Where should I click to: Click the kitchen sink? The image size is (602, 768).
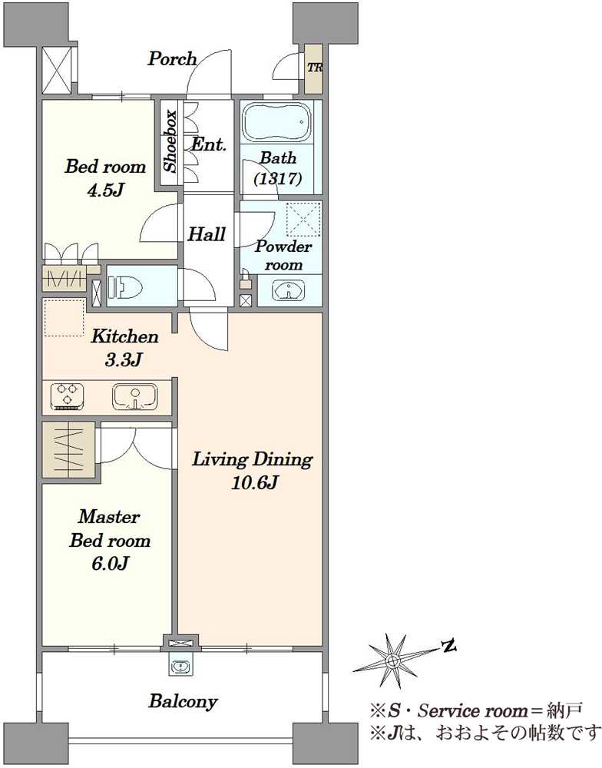[x=134, y=396]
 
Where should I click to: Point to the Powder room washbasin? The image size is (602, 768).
[x=289, y=290]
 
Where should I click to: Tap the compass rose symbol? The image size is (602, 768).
[x=392, y=660]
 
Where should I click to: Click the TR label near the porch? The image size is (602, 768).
[x=315, y=68]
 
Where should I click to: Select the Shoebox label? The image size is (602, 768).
[x=170, y=142]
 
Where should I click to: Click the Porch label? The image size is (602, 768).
[x=172, y=59]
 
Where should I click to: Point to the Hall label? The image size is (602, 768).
[x=207, y=234]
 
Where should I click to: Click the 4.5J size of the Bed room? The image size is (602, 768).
[x=105, y=190]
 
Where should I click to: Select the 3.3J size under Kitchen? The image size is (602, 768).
[x=124, y=360]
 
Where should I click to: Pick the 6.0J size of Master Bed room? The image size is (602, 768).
[x=110, y=564]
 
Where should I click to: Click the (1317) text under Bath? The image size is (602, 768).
[x=278, y=178]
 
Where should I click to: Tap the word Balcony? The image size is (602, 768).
[x=183, y=701]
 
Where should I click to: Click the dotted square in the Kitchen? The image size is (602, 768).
[x=64, y=318]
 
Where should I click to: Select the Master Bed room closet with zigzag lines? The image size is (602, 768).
[x=68, y=449]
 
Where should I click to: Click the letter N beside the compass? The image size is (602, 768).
[x=448, y=647]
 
